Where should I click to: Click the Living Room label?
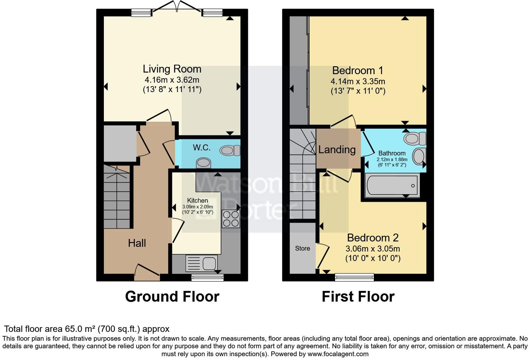(172, 69)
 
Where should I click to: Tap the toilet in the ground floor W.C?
(230, 150)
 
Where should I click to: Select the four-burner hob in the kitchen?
(231, 219)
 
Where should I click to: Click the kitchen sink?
(202, 263)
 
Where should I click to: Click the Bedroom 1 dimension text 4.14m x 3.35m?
(358, 81)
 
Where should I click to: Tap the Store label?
(302, 248)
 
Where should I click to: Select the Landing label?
(337, 150)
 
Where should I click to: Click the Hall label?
(137, 243)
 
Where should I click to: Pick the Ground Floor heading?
(172, 297)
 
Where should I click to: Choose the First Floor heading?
(358, 297)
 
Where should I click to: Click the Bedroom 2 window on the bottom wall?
(354, 277)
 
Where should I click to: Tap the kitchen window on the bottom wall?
(207, 278)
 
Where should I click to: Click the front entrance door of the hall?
(147, 273)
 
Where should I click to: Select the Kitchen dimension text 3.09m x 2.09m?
(198, 207)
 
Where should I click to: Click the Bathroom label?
(392, 153)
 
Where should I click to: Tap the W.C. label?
(202, 148)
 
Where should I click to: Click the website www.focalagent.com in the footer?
(338, 354)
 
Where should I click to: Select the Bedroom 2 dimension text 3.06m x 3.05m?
(373, 249)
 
